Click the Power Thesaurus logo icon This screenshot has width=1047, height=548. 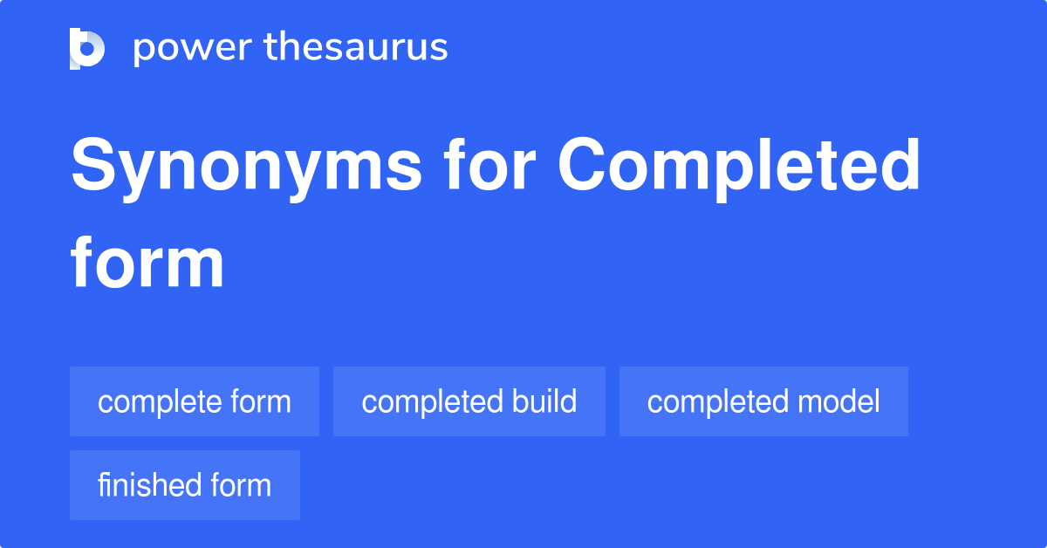point(87,48)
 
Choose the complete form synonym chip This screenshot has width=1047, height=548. point(195,401)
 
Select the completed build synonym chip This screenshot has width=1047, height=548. point(469,401)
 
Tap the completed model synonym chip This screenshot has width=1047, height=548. point(763,401)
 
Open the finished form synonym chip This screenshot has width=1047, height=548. point(185,485)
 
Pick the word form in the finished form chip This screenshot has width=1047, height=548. point(241,485)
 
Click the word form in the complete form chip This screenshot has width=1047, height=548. point(260,401)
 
